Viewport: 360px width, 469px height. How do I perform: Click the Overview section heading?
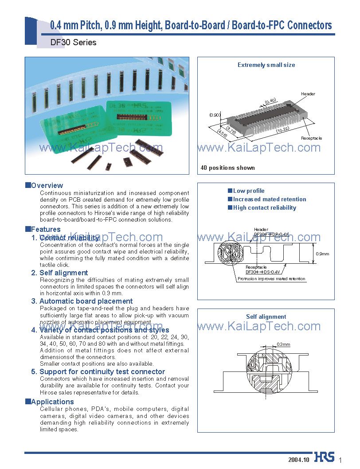[x=47, y=185]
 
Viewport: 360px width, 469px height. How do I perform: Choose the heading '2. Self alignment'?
[x=59, y=273]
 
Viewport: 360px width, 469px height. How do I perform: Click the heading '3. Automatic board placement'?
[x=82, y=301]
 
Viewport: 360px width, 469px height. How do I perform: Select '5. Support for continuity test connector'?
[x=98, y=371]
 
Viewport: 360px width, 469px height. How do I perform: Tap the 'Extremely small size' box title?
[x=266, y=65]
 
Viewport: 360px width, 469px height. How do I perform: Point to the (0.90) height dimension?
[x=215, y=115]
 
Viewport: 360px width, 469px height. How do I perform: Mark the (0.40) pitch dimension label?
[x=270, y=102]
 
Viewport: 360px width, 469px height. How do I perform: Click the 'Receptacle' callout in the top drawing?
[x=311, y=138]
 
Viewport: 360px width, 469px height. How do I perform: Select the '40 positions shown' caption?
[x=227, y=168]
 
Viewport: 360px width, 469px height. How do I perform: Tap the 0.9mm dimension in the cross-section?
[x=322, y=254]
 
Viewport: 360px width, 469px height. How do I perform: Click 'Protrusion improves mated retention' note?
[x=271, y=279]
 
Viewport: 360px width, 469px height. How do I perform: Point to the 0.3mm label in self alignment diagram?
[x=283, y=344]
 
